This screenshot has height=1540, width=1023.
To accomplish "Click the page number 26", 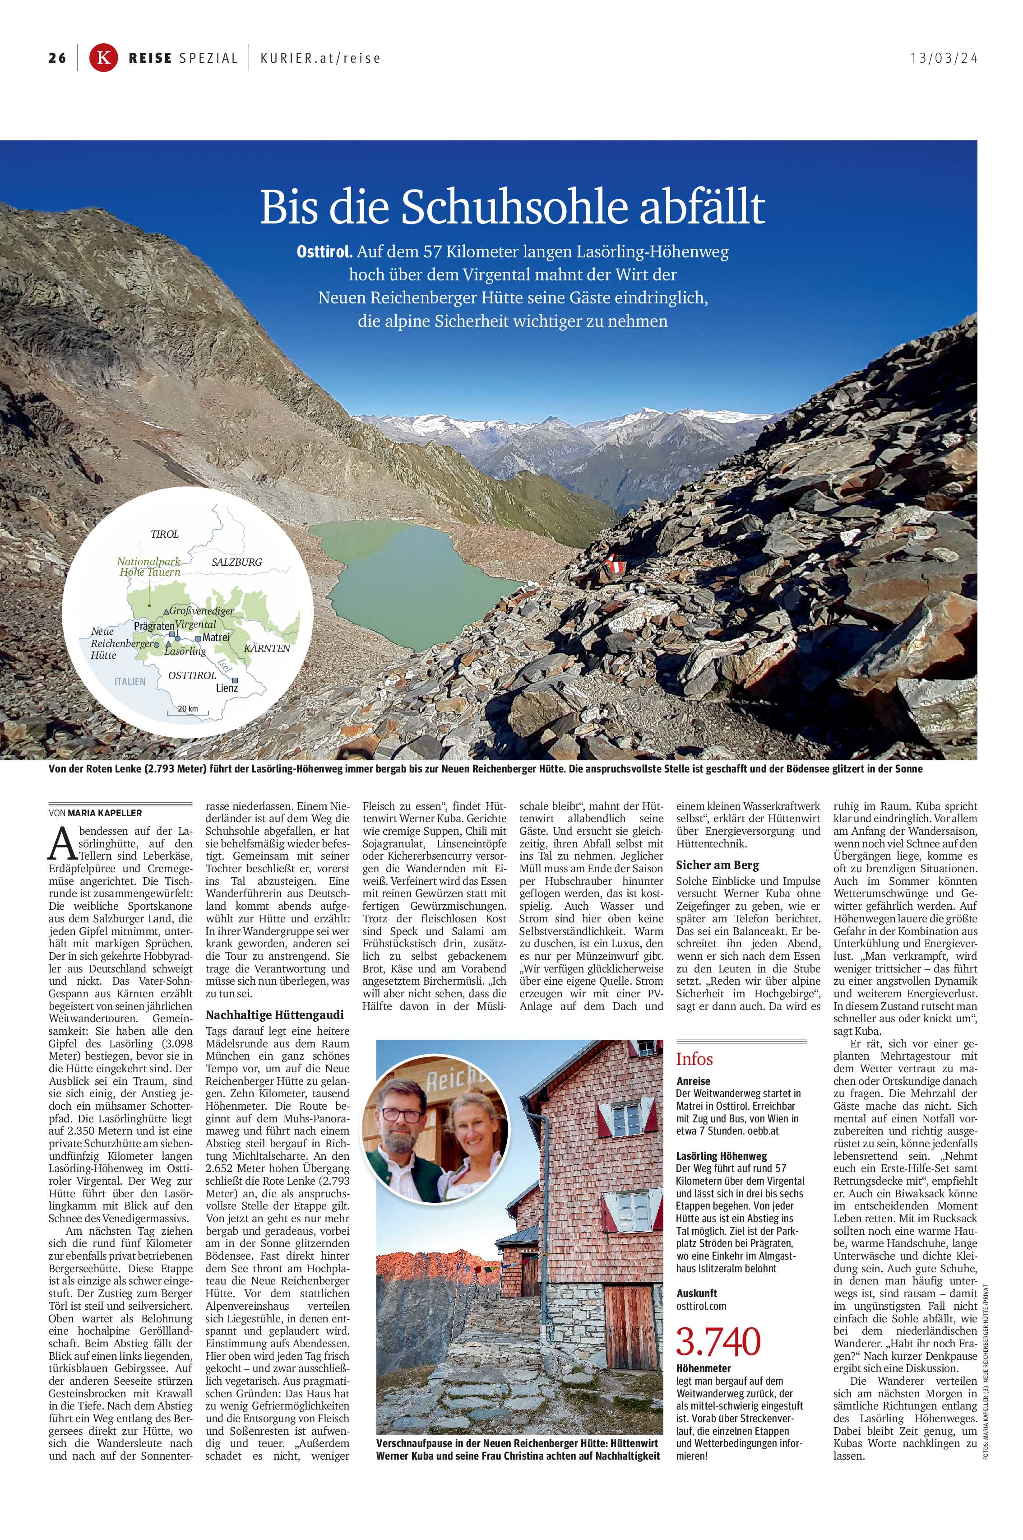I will point(57,58).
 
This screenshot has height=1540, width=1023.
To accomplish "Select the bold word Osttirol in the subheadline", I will point(324,252).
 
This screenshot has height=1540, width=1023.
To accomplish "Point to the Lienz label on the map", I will point(227,688).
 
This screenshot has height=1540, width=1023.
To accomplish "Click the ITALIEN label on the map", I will point(130,681).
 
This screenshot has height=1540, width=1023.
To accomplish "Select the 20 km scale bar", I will point(188,711).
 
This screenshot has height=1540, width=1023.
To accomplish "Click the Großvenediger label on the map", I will point(202,611).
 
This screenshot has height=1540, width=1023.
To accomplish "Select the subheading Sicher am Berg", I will point(717,865).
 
